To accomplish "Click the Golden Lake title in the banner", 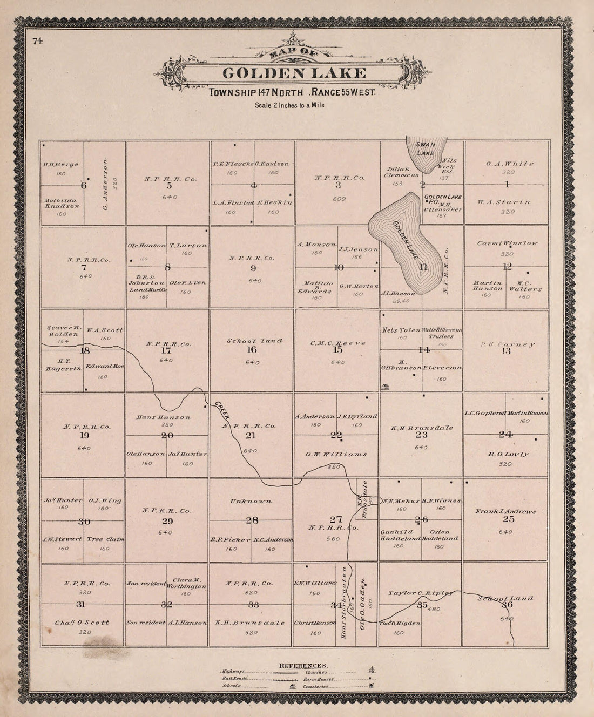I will tap(294, 73).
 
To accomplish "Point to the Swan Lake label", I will tap(425, 148).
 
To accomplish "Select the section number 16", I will tap(252, 350).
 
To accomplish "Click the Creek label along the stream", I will tap(222, 412).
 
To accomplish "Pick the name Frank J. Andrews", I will tap(505, 511).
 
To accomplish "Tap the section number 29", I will tap(167, 521).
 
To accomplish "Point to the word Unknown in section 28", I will tap(251, 502).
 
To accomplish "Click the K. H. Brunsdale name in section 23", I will tap(422, 428).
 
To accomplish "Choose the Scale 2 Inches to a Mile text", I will tap(289, 105).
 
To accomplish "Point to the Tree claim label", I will tap(105, 539).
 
